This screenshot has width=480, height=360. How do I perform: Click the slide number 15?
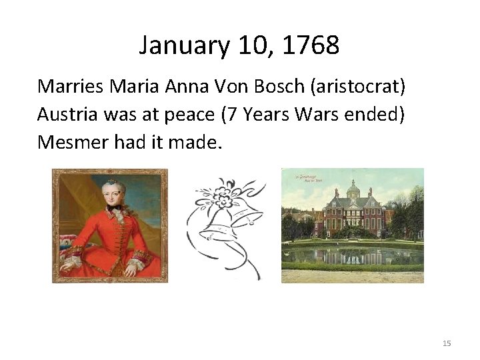[446, 343]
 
